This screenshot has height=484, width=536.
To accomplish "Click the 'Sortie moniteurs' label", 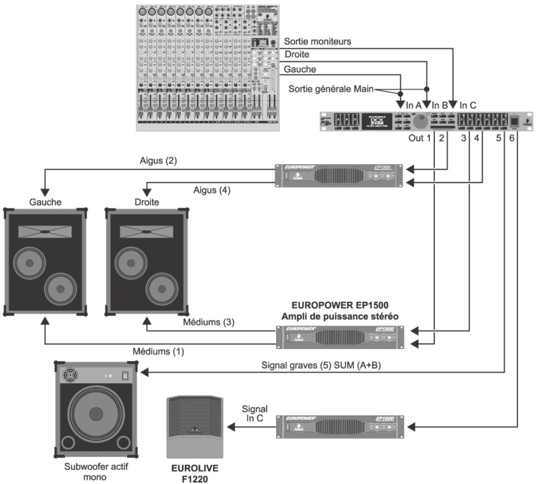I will click(317, 41).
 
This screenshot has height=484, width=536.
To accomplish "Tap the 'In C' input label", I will click(468, 105).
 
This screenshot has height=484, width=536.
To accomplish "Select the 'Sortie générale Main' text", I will click(331, 89).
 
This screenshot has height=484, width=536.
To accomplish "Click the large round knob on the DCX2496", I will click(421, 121).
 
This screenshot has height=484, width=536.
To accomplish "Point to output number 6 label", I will click(512, 138).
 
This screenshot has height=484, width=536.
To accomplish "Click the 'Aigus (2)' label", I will click(158, 161).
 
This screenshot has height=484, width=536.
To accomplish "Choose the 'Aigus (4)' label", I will click(212, 190).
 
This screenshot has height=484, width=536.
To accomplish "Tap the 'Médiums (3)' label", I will click(209, 322).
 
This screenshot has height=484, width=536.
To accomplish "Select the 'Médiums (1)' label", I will click(158, 351).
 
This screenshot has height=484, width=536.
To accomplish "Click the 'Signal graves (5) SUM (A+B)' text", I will click(321, 365).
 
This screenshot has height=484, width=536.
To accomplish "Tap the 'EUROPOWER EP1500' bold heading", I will click(340, 306).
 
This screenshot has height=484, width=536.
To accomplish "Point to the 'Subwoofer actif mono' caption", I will click(96, 472).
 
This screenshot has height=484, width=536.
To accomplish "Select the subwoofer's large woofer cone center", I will click(96, 413).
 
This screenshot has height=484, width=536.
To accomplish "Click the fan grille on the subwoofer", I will click(70, 376).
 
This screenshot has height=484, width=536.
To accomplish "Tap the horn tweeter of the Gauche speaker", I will click(45, 231).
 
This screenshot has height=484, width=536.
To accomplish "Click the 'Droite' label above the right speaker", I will click(147, 202).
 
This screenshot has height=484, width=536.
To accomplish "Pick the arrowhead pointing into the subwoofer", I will click(144, 372).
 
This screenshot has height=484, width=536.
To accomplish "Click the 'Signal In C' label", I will click(255, 414).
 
